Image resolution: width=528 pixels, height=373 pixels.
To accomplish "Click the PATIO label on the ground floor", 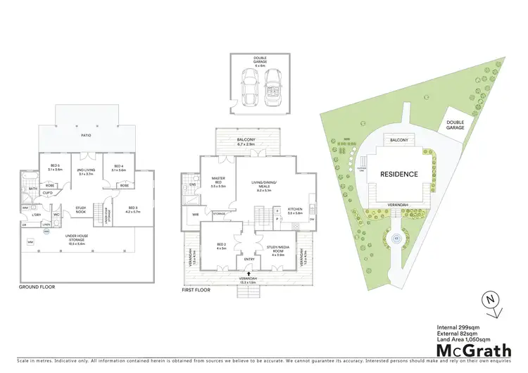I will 86,135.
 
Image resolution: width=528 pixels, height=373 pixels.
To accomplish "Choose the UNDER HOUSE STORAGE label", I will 85,242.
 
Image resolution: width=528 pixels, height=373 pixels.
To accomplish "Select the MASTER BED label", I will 218,181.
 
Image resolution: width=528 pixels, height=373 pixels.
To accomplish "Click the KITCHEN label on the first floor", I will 294,210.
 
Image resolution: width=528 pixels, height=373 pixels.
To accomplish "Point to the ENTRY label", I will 249,259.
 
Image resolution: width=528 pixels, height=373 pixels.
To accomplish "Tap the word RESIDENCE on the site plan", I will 399,174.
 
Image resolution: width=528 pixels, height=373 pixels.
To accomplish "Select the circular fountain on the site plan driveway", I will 396,238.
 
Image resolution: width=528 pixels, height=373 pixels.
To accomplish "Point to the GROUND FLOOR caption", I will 37,287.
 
